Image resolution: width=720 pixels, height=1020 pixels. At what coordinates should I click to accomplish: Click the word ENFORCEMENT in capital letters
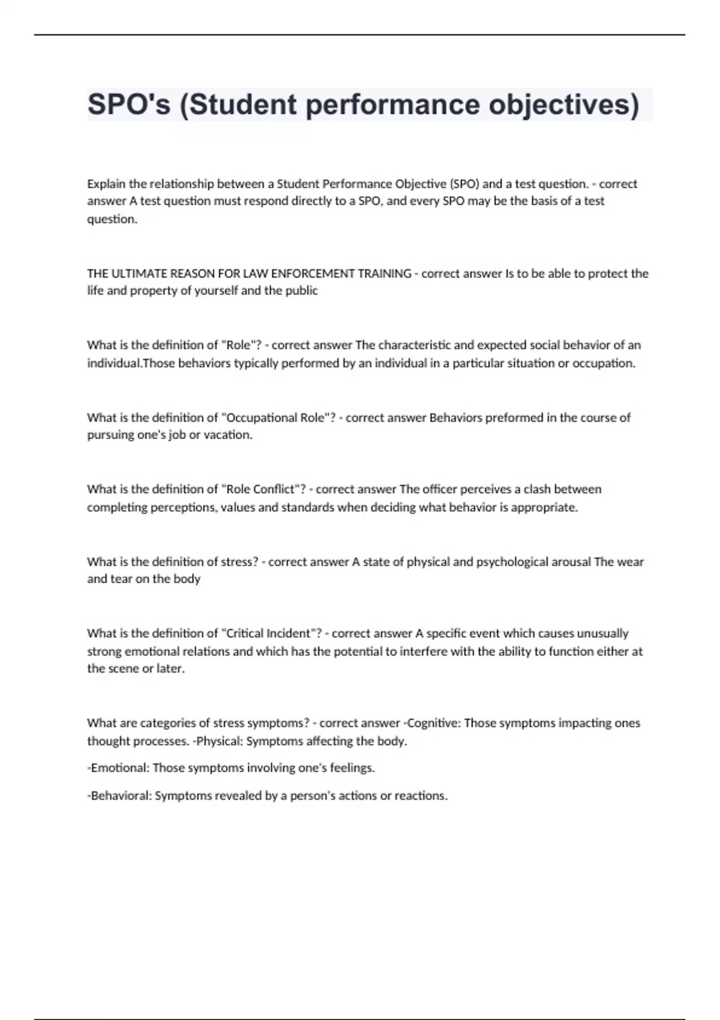tap(312, 274)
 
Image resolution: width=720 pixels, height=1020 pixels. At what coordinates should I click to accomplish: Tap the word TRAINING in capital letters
tap(384, 274)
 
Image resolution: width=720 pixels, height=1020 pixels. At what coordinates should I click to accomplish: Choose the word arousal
tap(571, 562)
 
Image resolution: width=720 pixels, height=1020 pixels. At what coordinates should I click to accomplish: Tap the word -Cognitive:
tap(432, 723)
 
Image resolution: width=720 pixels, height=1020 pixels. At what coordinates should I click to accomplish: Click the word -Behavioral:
tap(119, 796)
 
